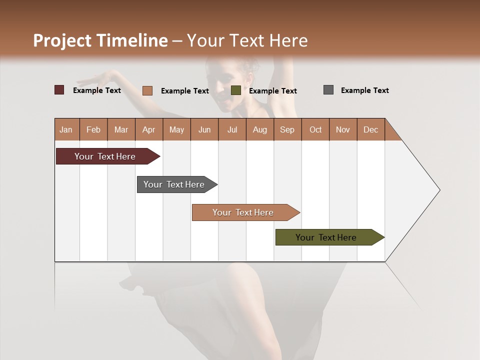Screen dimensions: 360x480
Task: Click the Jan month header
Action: coord(66,130)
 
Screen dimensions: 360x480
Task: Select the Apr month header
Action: coord(148,130)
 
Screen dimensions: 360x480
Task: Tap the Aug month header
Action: coord(259,130)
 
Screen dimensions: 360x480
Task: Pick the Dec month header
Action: coord(370,130)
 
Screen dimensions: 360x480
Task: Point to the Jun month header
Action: coord(204,130)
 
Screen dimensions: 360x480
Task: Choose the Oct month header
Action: coord(315,130)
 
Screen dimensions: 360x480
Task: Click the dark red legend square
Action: coord(59,90)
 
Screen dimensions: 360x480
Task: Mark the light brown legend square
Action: coord(147,90)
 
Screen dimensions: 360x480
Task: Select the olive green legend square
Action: coord(236,90)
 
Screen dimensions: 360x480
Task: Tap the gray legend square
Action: coord(328,90)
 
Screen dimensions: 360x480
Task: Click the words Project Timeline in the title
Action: coord(100,40)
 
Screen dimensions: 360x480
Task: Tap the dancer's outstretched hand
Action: coord(97,78)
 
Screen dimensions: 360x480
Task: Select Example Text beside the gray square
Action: coord(364,90)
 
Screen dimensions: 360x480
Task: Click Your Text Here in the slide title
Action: coord(247,40)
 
